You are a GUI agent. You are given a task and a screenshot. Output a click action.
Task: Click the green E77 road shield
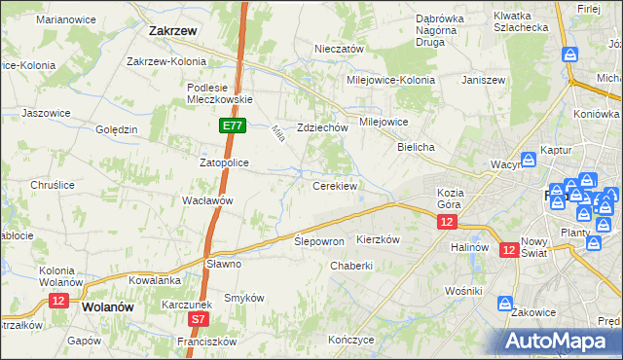pos(232,126)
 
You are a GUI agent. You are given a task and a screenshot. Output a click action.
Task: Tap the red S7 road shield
pos(199,318)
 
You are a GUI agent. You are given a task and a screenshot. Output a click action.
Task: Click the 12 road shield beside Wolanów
pos(58,301)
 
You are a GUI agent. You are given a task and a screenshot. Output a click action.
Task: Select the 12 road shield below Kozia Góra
pos(446,223)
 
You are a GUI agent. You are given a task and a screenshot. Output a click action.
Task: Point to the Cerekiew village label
pos(335,185)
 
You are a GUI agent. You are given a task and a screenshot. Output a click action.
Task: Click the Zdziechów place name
pos(323,127)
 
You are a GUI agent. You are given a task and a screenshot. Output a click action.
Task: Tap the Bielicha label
pos(416,146)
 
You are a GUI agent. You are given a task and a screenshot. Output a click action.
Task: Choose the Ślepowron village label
pos(319,240)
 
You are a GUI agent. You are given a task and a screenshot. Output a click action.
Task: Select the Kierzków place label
pos(380,238)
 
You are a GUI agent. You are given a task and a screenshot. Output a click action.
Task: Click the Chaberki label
pos(351,266)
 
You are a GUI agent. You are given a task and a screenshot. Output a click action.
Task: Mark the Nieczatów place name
pos(339,49)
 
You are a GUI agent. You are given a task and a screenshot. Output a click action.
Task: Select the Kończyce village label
pos(351,340)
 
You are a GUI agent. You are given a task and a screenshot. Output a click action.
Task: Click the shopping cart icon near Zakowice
pos(504,304)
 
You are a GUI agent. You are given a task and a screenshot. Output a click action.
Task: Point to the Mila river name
pos(278,134)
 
